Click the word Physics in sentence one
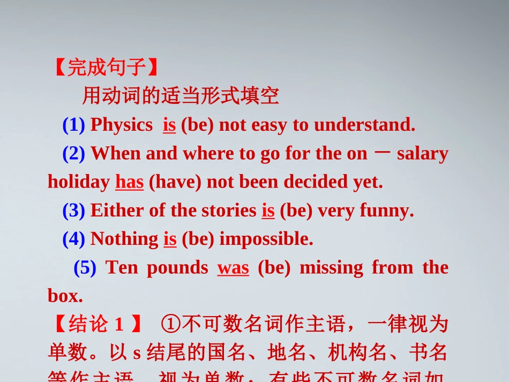[x=122, y=125]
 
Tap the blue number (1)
[x=74, y=125]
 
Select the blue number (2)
[x=74, y=153]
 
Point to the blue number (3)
[x=74, y=211]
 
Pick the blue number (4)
[x=74, y=239]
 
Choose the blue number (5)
[x=85, y=267]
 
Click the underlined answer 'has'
[x=130, y=182]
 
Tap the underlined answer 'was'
[x=233, y=267]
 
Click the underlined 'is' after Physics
[x=169, y=125]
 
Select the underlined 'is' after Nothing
[x=170, y=239]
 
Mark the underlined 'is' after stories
[x=268, y=211]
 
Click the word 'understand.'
[x=365, y=125]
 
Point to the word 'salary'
[x=423, y=153]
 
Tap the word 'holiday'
[x=78, y=182]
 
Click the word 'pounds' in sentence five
[x=177, y=267]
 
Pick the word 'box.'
[x=65, y=296]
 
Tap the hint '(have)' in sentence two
[x=175, y=182]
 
